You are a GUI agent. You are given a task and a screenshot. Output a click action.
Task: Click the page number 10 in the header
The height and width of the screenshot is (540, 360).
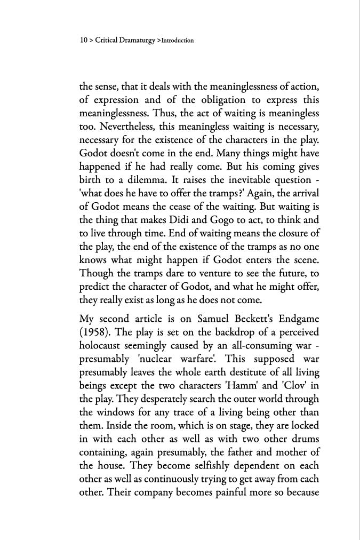tap(83, 41)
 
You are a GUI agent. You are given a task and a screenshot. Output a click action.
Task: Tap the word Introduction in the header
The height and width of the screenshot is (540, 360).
tap(178, 41)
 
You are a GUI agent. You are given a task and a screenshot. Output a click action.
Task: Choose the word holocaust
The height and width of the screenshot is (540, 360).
tap(102, 346)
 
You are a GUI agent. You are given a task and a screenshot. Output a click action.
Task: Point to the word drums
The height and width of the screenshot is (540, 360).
tap(301, 439)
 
